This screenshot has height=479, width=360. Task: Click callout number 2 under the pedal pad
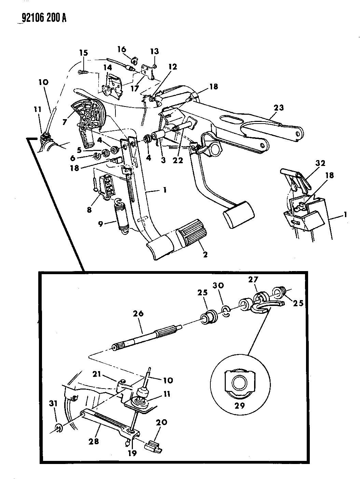coord(205,254)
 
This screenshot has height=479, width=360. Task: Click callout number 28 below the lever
coord(94,441)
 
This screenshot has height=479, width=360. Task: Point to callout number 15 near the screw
coord(83,53)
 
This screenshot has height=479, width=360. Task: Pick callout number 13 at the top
coord(154,52)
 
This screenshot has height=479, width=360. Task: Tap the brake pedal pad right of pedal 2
coord(239,214)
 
